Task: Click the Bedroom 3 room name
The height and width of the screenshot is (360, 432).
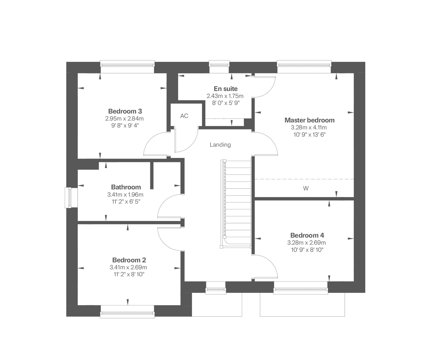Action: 125,111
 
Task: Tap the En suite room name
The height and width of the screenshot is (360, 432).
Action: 226,89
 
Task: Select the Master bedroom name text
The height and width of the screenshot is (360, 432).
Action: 309,120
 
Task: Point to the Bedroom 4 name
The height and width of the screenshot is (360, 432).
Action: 307,235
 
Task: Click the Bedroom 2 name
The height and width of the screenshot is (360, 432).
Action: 129,260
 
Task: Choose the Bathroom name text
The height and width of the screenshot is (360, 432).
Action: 126,187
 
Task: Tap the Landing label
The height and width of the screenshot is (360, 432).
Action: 220,145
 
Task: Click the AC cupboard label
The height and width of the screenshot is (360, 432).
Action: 184,116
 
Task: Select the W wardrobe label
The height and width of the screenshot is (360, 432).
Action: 306,189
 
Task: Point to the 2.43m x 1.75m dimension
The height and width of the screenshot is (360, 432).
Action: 225,96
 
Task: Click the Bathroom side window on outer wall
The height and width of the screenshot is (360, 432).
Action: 68,198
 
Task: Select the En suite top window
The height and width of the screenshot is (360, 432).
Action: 219,63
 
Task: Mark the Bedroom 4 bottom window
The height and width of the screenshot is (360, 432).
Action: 301,291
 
